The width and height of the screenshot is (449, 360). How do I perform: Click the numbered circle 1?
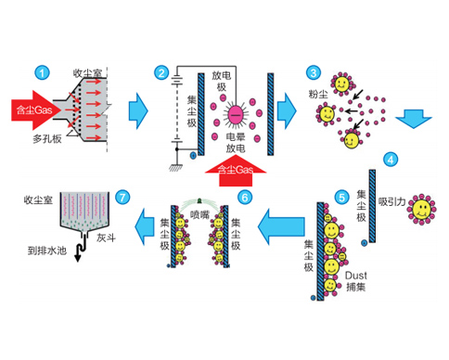click(x=42, y=73)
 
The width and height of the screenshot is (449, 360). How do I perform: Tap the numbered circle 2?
click(x=161, y=73)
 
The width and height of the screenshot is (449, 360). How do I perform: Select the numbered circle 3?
click(x=314, y=73)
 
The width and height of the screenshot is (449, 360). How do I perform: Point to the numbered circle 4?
click(x=391, y=160)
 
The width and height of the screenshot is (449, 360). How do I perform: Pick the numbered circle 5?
click(x=341, y=198)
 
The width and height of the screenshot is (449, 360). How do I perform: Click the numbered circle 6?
click(x=245, y=198)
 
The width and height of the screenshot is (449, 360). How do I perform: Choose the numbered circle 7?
click(x=122, y=198)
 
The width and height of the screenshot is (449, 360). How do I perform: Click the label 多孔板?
click(x=47, y=139)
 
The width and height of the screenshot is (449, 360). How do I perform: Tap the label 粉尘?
click(x=318, y=94)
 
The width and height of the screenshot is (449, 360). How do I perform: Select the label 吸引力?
click(x=391, y=201)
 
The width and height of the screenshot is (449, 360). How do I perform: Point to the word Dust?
click(x=356, y=276)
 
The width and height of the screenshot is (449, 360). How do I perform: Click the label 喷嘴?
click(x=199, y=214)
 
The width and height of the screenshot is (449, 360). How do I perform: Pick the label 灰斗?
click(x=106, y=238)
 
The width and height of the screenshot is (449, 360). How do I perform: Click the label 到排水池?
click(x=47, y=251)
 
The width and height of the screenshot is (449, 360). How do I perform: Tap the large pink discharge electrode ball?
click(x=236, y=115)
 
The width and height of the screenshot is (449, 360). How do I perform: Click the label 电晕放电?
click(x=236, y=143)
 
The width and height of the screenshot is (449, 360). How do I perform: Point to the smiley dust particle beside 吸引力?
click(x=421, y=209)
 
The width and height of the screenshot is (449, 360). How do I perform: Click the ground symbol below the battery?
click(x=176, y=167)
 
